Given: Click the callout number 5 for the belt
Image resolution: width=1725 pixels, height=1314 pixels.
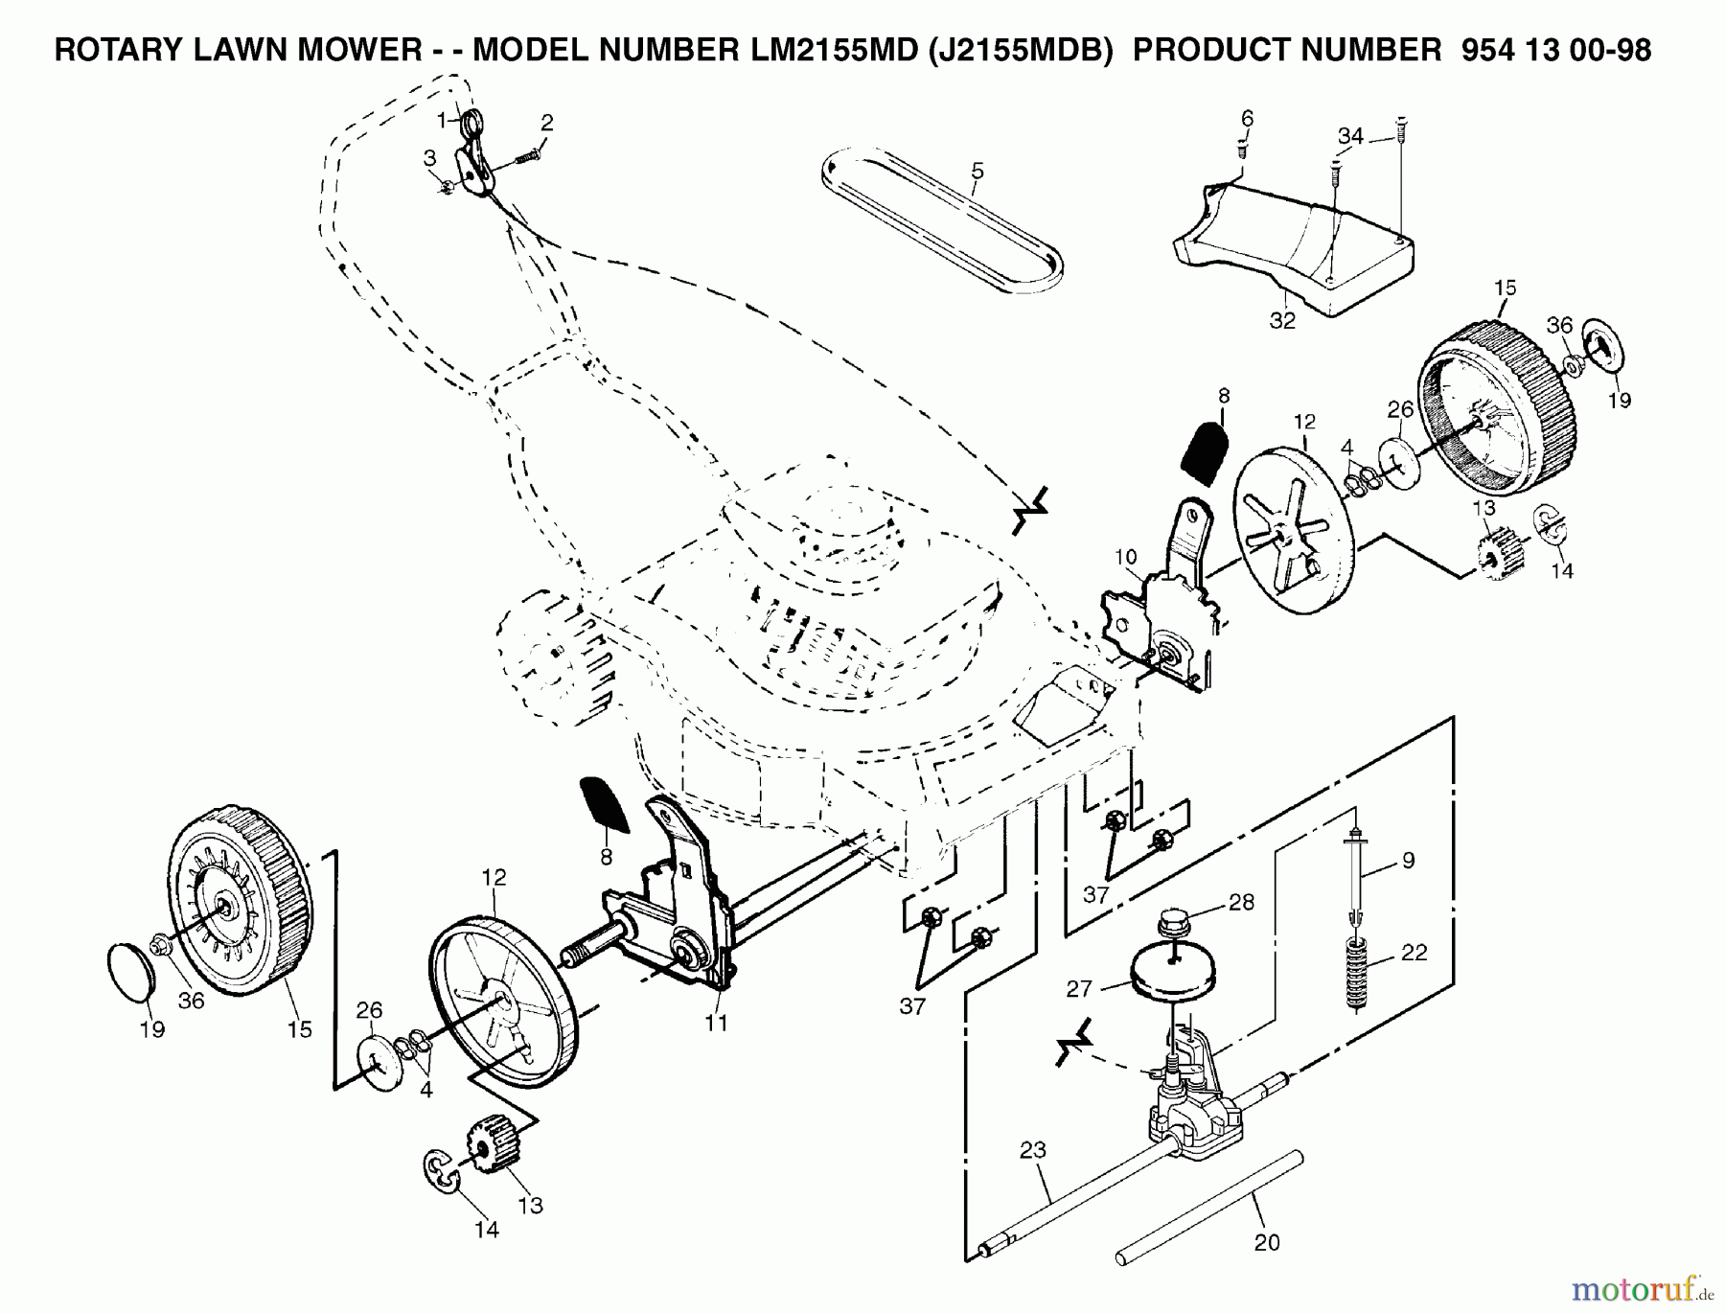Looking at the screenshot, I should pos(977,172).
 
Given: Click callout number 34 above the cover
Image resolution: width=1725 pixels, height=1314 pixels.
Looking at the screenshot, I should pos(1350,137).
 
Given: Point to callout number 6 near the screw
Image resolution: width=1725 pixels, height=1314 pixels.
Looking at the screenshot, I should pos(1247,119).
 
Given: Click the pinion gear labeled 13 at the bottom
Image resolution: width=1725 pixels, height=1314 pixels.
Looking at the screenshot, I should pos(491,1144).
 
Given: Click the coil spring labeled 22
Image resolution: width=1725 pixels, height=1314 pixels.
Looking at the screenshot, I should pos(1354,973).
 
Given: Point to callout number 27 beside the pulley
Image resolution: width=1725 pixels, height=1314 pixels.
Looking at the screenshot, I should pos(1080,987).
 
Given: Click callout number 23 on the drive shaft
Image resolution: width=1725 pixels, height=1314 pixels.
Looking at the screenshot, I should pos(1033,1149).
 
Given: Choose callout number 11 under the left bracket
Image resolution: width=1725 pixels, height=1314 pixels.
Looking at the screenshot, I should pos(716,1023).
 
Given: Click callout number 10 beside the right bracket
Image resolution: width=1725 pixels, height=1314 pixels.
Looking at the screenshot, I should pos(1125,557).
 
